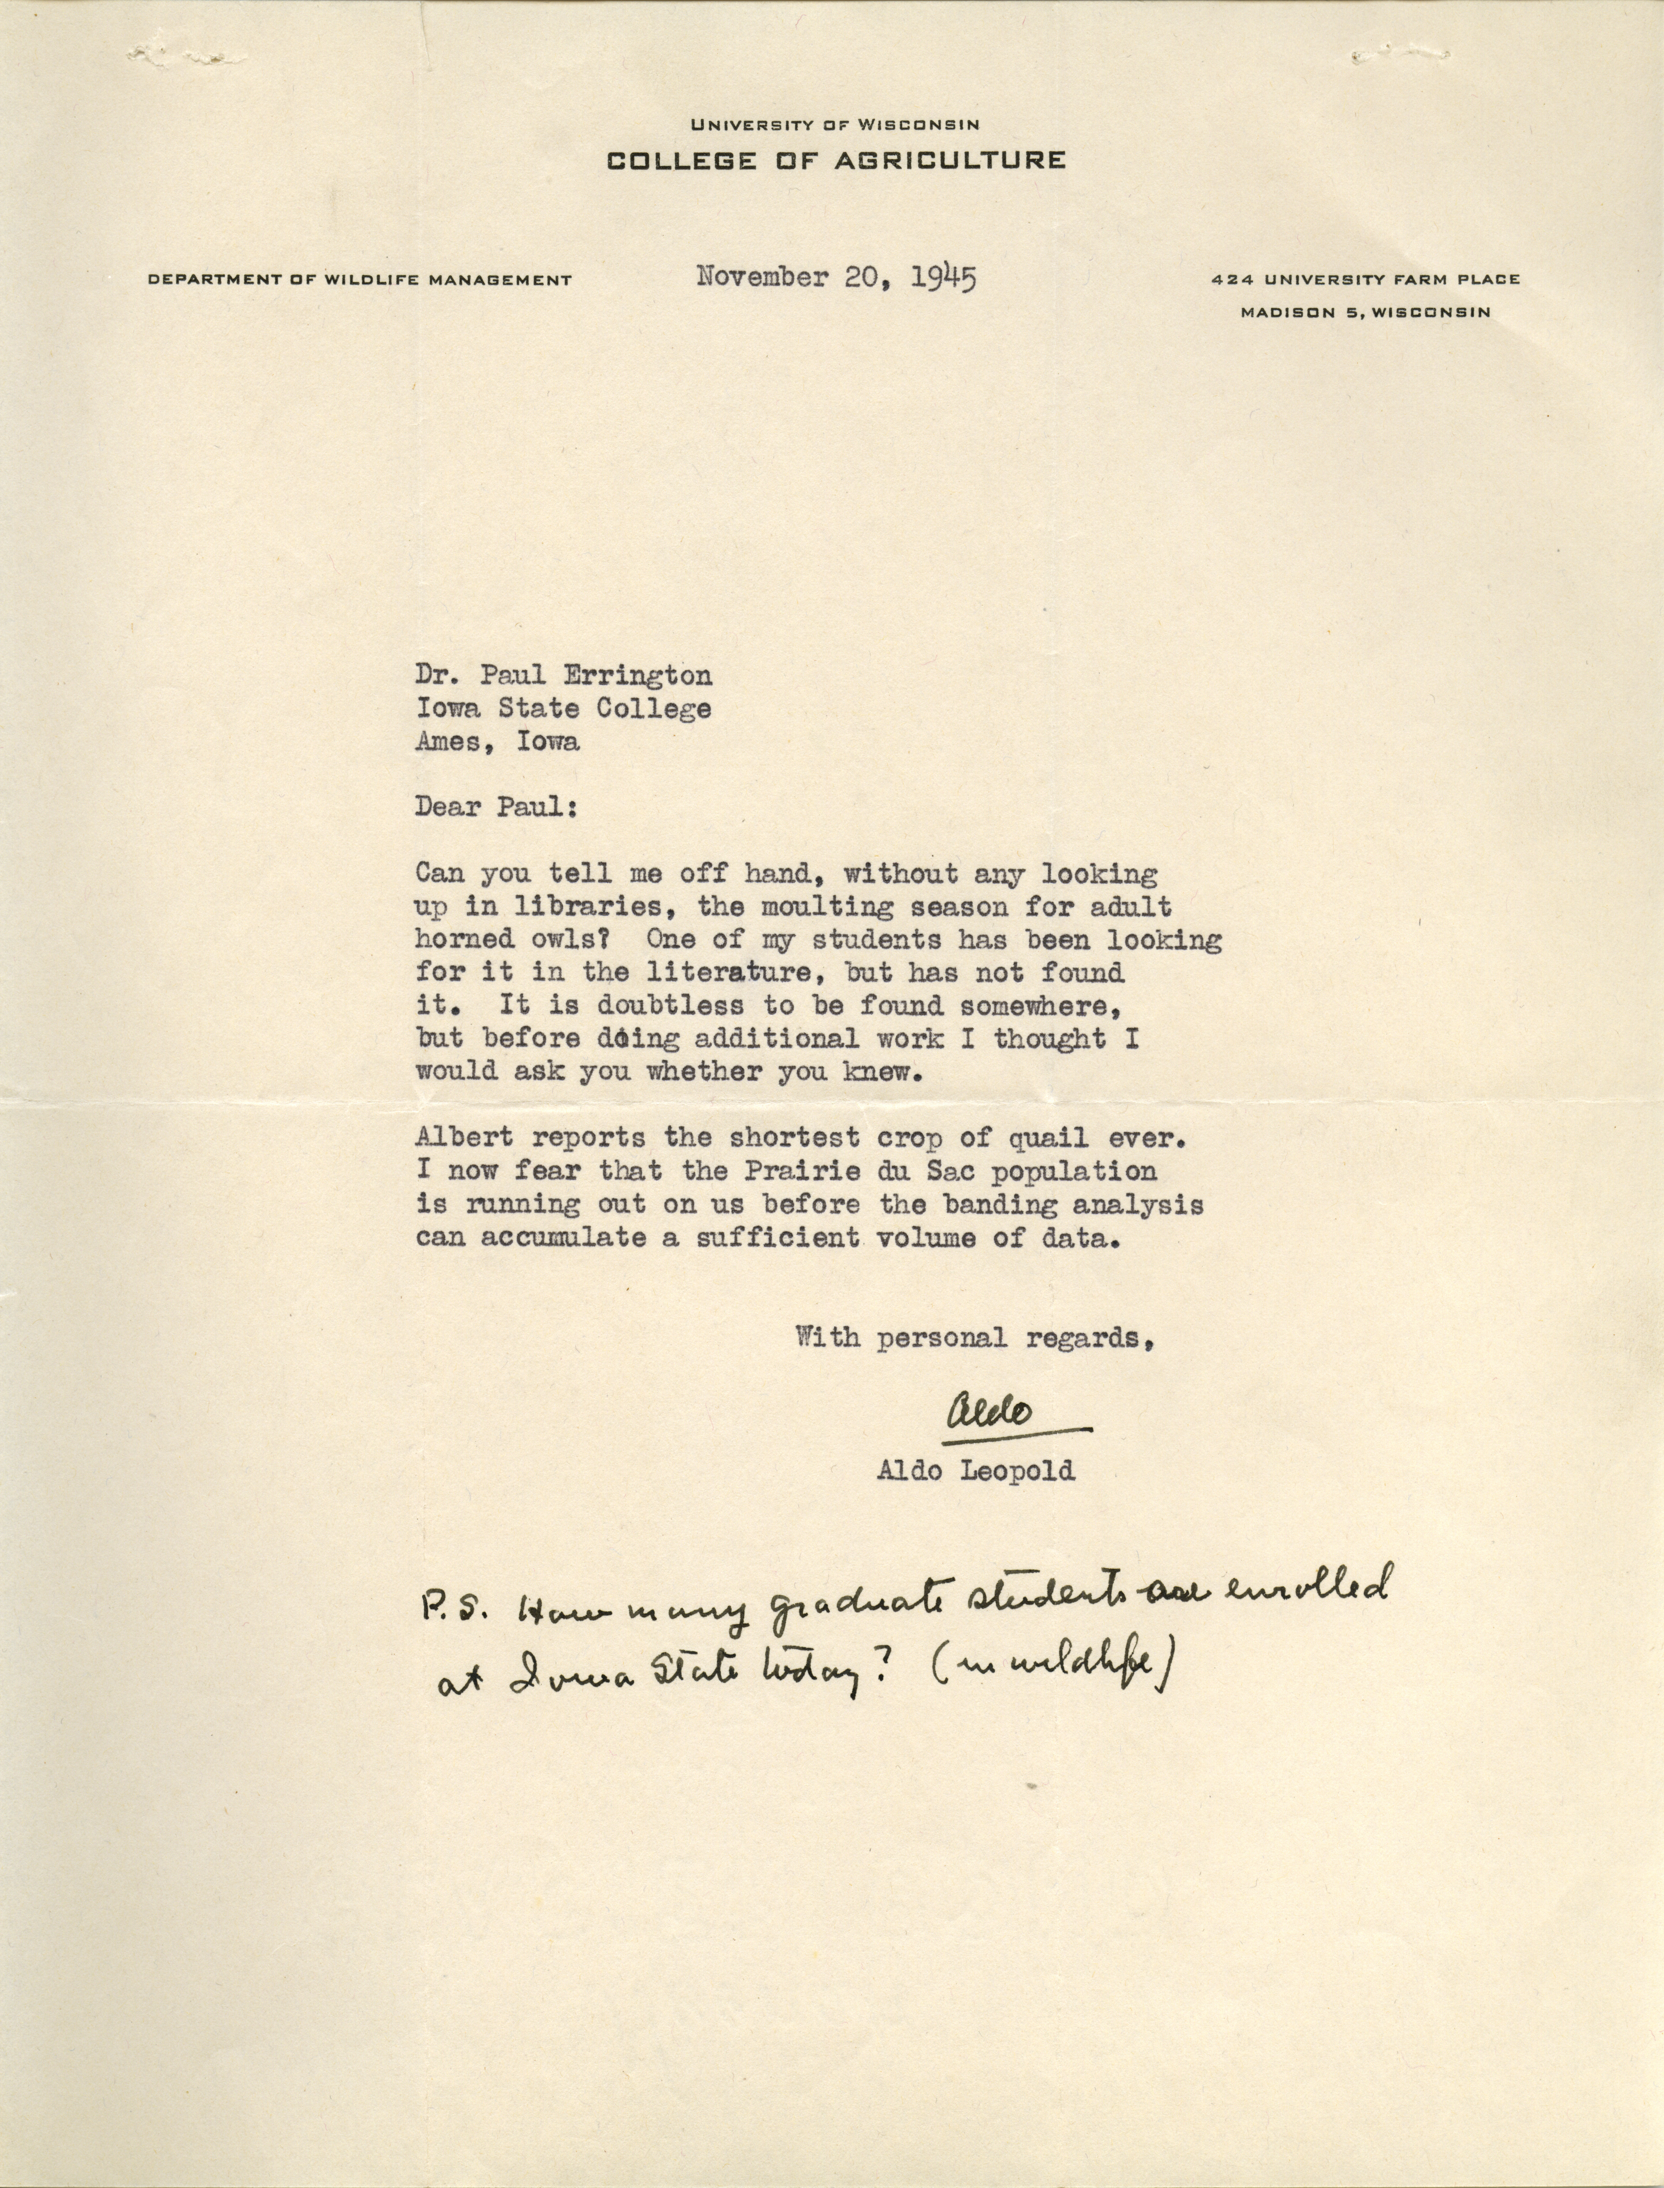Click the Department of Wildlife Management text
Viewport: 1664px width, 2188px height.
pos(360,280)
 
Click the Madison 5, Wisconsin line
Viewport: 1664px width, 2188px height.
pos(1365,312)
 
